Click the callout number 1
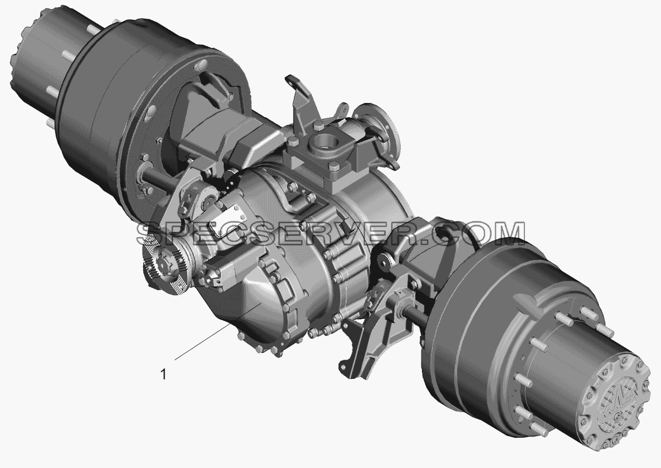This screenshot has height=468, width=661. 164,374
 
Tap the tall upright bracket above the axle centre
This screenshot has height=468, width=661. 300,103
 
